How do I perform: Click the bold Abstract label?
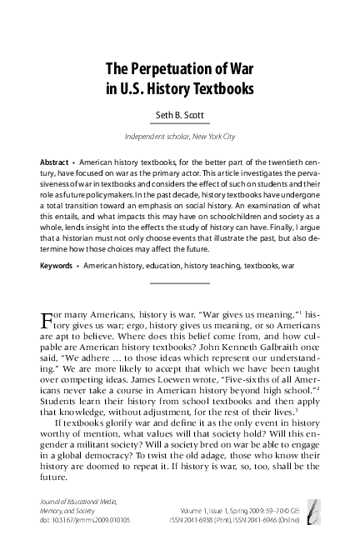point(54,159)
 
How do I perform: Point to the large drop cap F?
point(47,320)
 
